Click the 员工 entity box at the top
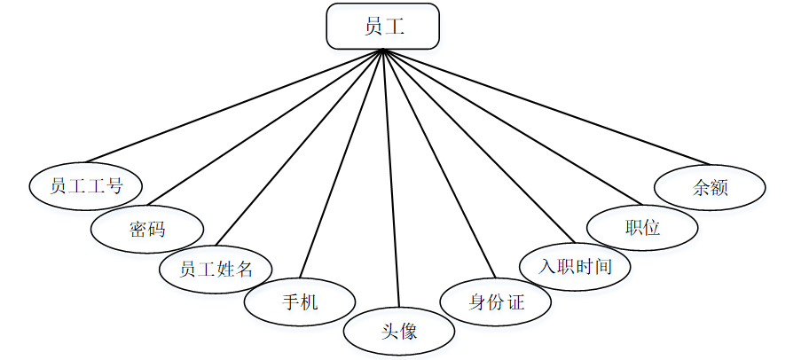[382, 27]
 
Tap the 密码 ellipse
[147, 230]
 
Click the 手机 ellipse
[300, 302]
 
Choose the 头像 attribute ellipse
[399, 333]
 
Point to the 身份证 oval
[497, 302]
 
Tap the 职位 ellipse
[643, 227]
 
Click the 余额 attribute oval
[710, 187]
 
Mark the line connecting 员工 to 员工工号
[248, 108]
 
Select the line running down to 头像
[391, 177]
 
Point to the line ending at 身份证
[436, 164]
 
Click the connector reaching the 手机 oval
[342, 164]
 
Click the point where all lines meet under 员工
[383, 50]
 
